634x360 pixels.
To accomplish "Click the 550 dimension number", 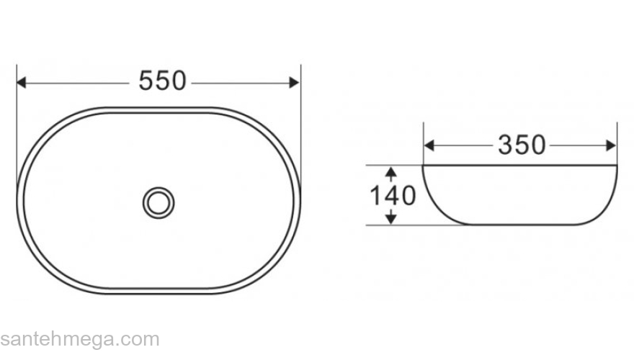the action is (x=162, y=81).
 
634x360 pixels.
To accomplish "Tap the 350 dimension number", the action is (x=522, y=145).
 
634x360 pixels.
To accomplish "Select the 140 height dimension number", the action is (x=393, y=196).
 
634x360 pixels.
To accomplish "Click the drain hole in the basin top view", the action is (x=158, y=203).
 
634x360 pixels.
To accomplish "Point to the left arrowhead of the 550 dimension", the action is (x=21, y=82).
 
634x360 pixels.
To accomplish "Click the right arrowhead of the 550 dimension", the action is (x=295, y=82).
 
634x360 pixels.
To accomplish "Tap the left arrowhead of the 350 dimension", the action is (x=429, y=145).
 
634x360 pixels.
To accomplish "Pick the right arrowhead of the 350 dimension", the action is (x=611, y=145).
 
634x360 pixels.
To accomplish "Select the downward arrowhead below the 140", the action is (x=390, y=219).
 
